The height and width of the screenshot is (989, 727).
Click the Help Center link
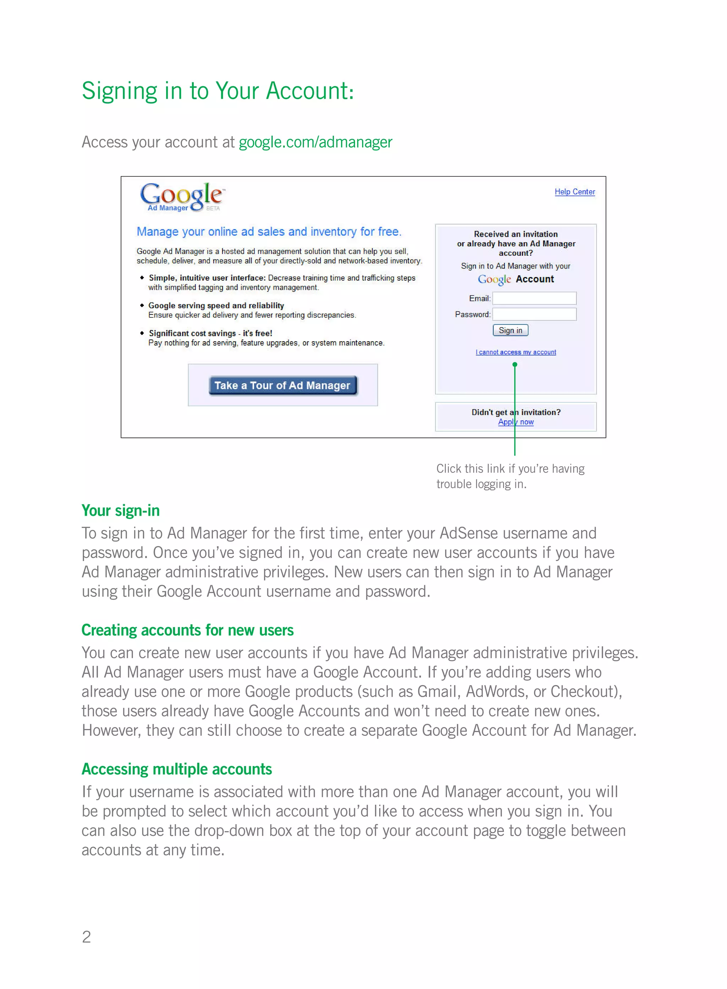pos(574,192)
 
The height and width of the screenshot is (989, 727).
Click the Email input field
pos(534,298)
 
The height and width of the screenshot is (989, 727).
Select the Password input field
pos(534,314)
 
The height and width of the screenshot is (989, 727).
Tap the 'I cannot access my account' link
pos(516,352)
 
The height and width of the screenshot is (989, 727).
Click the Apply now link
pos(516,422)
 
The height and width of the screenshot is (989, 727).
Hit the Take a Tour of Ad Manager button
pos(283,386)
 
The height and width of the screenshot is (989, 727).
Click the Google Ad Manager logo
pos(182,197)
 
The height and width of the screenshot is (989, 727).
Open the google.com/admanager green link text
pos(315,142)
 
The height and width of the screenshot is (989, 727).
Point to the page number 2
pos(86,937)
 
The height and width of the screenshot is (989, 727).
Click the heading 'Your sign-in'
pos(121,511)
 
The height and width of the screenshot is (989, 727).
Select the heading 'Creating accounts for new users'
pos(187,630)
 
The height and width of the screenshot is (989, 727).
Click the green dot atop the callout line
pos(515,364)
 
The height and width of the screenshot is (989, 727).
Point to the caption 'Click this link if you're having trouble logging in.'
pos(510,476)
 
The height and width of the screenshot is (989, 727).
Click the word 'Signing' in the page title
pos(119,92)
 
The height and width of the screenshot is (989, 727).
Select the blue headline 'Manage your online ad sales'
pos(269,232)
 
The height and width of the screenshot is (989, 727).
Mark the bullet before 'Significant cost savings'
pos(142,333)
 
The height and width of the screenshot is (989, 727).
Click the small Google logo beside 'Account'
pos(494,279)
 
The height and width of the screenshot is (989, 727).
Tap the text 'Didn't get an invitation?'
pos(516,412)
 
